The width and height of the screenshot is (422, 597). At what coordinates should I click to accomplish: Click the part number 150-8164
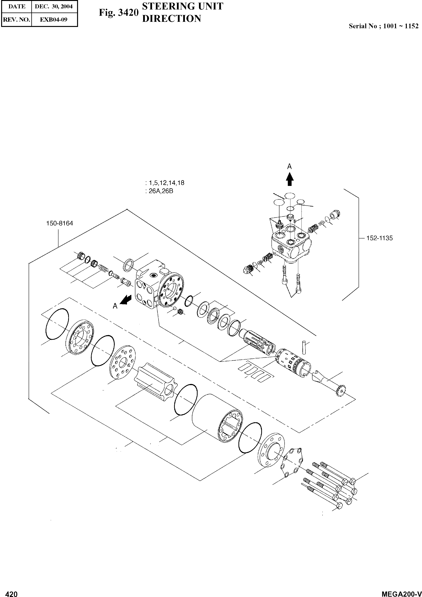click(60, 223)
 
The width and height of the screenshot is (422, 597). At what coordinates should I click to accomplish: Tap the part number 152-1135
click(379, 238)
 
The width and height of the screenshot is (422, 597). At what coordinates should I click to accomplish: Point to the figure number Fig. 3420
click(118, 13)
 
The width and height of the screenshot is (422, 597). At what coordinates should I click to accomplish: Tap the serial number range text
click(383, 26)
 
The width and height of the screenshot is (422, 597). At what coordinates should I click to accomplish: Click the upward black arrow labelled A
click(289, 179)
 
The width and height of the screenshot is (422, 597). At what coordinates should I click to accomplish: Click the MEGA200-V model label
click(401, 592)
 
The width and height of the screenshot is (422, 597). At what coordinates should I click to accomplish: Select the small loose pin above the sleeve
click(304, 347)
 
